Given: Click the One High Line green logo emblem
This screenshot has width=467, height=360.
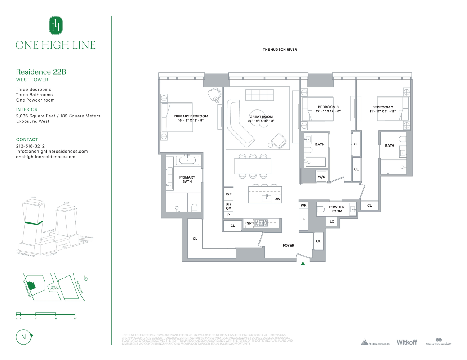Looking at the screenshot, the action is (x=56, y=25).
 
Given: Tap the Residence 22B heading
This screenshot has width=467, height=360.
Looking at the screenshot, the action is (x=41, y=72).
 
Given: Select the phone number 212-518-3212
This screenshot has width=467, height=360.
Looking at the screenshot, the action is (x=30, y=146).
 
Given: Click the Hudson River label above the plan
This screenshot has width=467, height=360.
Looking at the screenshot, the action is (x=280, y=50).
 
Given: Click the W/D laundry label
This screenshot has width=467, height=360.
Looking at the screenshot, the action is (x=321, y=177).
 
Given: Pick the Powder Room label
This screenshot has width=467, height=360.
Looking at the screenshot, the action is (x=337, y=209).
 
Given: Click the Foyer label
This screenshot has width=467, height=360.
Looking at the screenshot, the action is (x=288, y=246).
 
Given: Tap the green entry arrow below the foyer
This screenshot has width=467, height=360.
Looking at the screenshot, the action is (x=303, y=264).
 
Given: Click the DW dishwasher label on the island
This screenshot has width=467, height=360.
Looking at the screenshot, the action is (x=277, y=199).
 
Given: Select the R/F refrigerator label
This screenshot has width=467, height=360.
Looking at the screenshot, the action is (x=228, y=194).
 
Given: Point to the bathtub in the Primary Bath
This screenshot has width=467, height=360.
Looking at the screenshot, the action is (x=187, y=160).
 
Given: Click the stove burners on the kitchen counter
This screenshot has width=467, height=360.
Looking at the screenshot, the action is (x=262, y=223).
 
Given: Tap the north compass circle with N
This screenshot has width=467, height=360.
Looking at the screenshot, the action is (x=24, y=337).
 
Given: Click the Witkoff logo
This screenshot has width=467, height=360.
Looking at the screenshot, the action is (x=407, y=342).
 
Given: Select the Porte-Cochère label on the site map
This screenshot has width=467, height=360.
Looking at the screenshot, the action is (x=54, y=288).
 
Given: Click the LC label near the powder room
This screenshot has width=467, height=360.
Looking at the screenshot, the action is (x=332, y=222).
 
